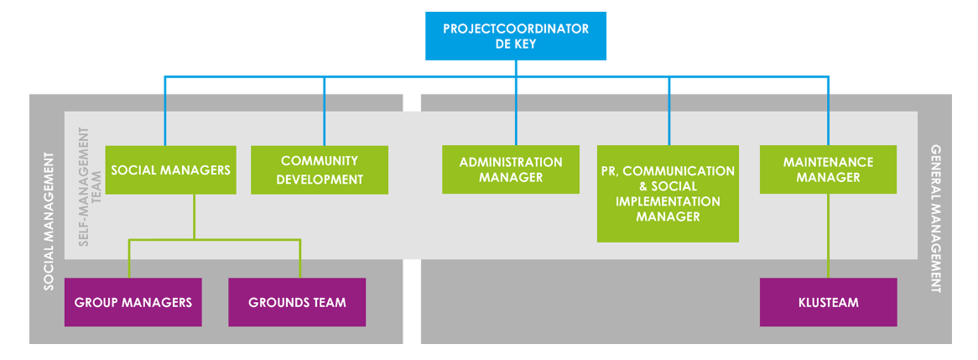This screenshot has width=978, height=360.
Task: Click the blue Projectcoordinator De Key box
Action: pyautogui.click(x=515, y=35)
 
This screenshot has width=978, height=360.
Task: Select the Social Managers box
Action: pyautogui.click(x=170, y=170)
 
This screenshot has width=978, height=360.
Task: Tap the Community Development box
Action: pyautogui.click(x=320, y=170)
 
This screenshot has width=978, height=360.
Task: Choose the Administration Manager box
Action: pyautogui.click(x=511, y=170)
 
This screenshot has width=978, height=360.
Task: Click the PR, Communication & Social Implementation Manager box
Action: pyautogui.click(x=668, y=194)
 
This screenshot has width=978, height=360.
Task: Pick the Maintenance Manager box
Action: pyautogui.click(x=828, y=170)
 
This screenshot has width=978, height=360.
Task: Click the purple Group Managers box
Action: pyautogui.click(x=133, y=302)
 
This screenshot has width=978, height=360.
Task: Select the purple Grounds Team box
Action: pyautogui.click(x=297, y=302)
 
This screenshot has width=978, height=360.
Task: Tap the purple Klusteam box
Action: pyautogui.click(x=828, y=302)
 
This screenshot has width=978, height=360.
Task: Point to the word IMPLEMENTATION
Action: pyautogui.click(x=668, y=201)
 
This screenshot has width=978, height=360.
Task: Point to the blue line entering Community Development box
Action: pyautogui.click(x=324, y=117)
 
